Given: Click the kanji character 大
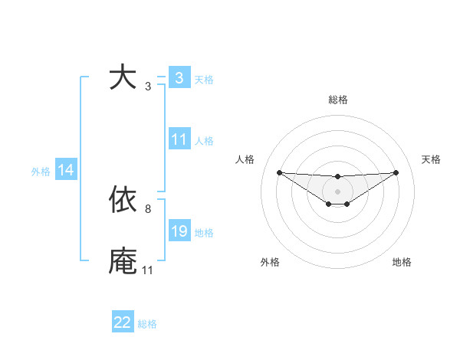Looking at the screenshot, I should pyautogui.click(x=123, y=77).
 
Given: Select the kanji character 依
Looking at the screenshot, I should pyautogui.click(x=123, y=200).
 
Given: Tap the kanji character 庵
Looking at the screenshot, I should pyautogui.click(x=123, y=261).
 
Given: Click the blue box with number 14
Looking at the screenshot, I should pyautogui.click(x=66, y=170).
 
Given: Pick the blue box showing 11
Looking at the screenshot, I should pyautogui.click(x=179, y=139).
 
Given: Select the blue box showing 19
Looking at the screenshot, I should pyautogui.click(x=179, y=231).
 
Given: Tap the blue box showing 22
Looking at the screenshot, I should pyautogui.click(x=123, y=322).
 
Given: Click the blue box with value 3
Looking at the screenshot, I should pyautogui.click(x=179, y=77).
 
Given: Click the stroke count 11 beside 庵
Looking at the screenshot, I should pyautogui.click(x=147, y=270).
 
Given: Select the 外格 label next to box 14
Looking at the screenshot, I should pyautogui.click(x=41, y=172).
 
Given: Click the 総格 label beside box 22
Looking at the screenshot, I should pyautogui.click(x=147, y=324).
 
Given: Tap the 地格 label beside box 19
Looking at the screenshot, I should pyautogui.click(x=205, y=233).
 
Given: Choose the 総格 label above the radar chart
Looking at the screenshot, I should pyautogui.click(x=338, y=100).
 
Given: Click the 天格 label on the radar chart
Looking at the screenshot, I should pyautogui.click(x=432, y=159).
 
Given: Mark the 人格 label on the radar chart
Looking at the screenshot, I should pyautogui.click(x=245, y=159).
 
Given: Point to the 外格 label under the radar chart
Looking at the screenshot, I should pyautogui.click(x=269, y=262).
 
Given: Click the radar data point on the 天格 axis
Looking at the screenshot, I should pyautogui.click(x=396, y=172).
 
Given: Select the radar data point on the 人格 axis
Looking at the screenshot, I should pyautogui.click(x=279, y=172).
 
